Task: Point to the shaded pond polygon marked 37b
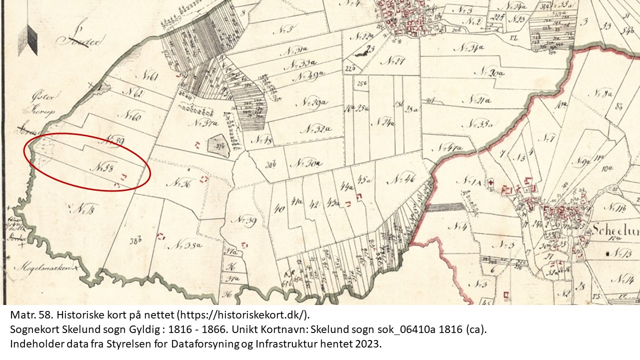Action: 218,145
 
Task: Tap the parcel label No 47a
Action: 448,148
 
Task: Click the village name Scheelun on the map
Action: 615,230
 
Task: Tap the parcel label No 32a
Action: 318,129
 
